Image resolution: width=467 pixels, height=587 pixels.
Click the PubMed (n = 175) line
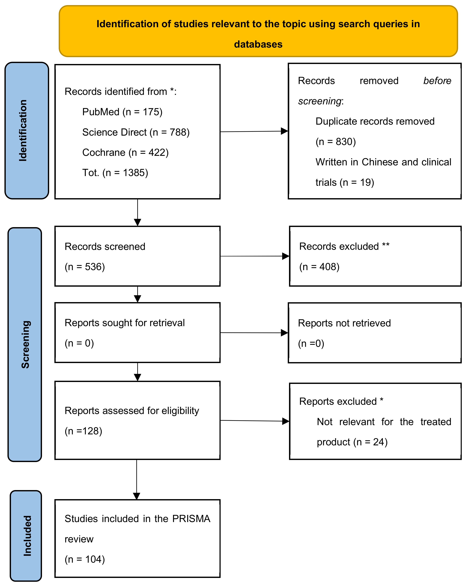(x=122, y=112)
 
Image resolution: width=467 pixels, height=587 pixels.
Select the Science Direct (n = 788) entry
(x=136, y=132)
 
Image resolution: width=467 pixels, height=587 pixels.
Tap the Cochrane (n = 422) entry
(x=125, y=152)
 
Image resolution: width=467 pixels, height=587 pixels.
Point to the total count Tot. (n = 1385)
(x=115, y=173)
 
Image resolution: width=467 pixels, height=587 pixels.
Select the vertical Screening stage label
(x=25, y=344)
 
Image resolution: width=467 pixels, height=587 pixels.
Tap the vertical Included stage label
(x=28, y=536)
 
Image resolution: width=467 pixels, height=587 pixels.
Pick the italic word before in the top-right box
(x=437, y=81)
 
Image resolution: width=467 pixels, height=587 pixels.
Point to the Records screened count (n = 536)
(x=85, y=267)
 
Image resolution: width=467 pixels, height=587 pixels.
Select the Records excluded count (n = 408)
(x=319, y=267)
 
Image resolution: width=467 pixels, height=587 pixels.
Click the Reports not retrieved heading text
(x=344, y=323)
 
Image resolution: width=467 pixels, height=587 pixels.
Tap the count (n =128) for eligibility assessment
(x=83, y=431)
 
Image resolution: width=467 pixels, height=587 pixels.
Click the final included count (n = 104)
(x=85, y=559)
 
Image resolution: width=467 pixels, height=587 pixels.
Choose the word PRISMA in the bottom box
(x=191, y=519)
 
